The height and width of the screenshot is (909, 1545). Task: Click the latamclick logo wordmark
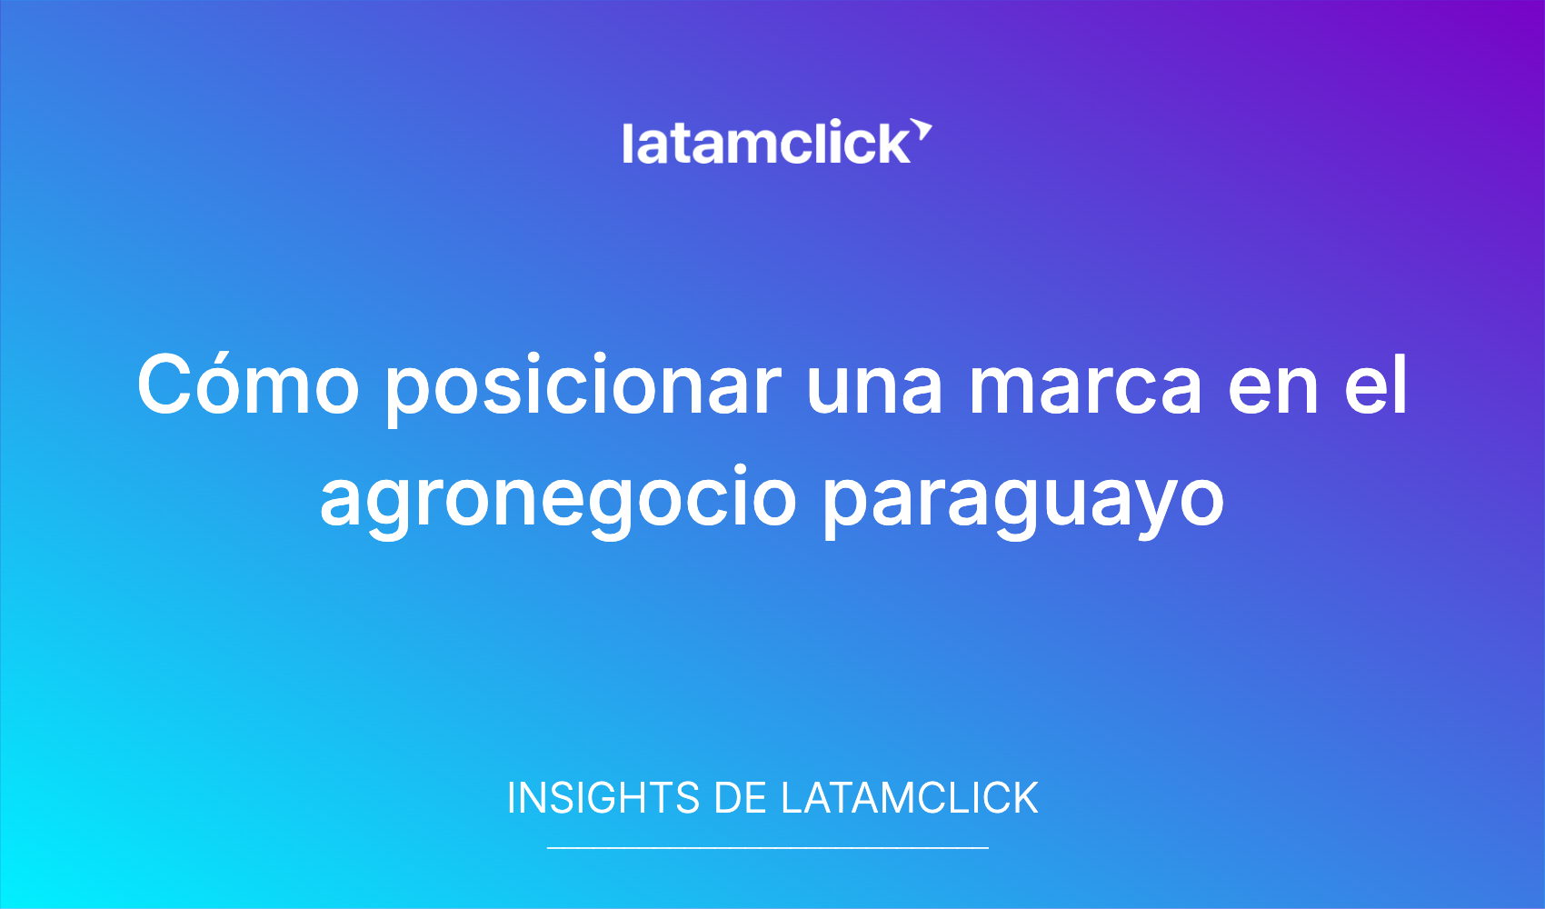[766, 143]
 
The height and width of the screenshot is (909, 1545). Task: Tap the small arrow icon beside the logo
[922, 130]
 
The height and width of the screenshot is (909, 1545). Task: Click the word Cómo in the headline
[248, 384]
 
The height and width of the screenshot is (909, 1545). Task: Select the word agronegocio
[558, 502]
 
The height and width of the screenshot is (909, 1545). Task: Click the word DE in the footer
[740, 798]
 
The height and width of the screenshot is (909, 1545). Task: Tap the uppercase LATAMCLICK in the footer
[909, 798]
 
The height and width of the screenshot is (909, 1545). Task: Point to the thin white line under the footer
[768, 847]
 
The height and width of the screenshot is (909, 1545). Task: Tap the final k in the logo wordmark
[893, 143]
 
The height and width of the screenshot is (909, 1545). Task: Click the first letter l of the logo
[626, 143]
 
